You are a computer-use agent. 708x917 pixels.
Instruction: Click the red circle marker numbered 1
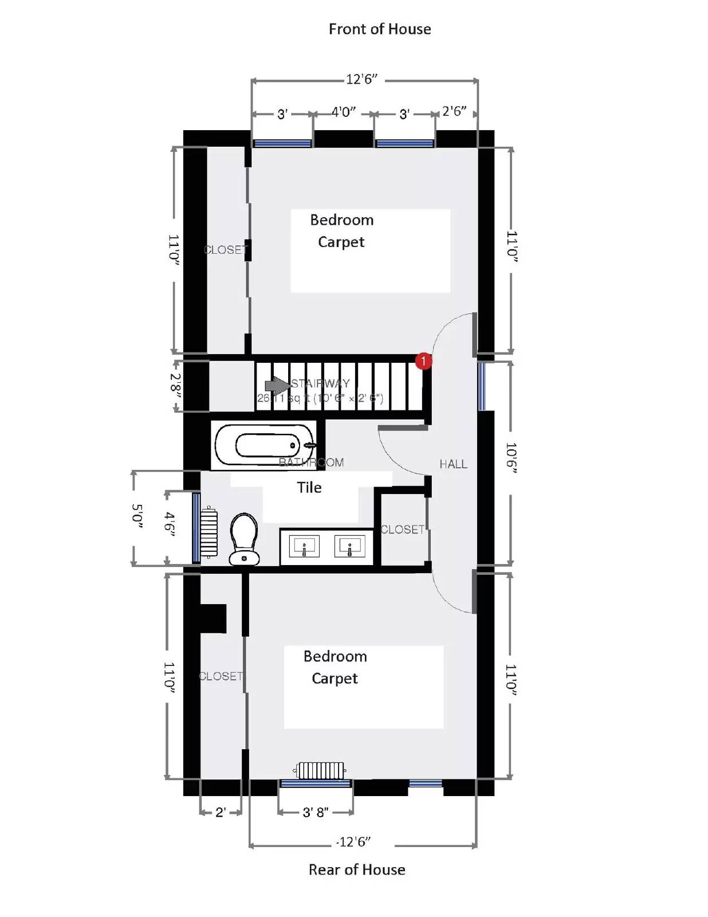tap(423, 361)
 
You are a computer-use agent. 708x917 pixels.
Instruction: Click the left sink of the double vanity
tap(304, 546)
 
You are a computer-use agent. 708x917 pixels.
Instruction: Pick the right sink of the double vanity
tap(349, 546)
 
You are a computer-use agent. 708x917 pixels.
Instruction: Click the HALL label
tap(453, 464)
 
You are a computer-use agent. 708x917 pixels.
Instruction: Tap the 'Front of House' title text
tap(379, 29)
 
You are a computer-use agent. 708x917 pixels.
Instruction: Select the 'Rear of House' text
tap(356, 869)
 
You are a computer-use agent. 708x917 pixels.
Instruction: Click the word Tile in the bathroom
tap(309, 488)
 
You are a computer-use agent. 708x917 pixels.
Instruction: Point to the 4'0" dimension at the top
tap(343, 112)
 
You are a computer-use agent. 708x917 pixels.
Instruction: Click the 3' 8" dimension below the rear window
tap(315, 812)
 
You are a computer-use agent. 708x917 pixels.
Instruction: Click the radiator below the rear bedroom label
tap(321, 770)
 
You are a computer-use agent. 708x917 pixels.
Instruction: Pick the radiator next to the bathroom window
tap(209, 532)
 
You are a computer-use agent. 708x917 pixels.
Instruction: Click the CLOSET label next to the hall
tap(402, 530)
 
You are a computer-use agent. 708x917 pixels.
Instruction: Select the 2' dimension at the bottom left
tap(221, 812)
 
